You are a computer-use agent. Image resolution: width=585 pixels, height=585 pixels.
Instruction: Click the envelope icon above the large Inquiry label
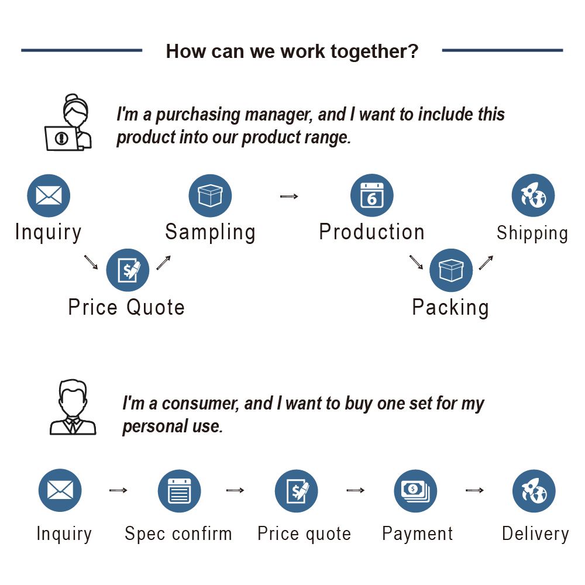pos(49,195)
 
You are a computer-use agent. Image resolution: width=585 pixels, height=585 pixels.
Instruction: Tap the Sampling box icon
pos(210,195)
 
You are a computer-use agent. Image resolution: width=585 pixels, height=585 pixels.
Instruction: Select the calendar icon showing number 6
pos(372,195)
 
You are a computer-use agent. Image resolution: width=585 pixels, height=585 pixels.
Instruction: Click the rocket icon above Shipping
pos(533,195)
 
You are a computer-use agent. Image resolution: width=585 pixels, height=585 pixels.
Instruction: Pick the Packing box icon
pos(451,270)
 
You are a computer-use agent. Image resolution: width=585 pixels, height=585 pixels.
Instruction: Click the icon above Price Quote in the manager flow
pos(128,270)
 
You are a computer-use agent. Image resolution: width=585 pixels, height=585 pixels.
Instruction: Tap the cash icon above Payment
pos(415,491)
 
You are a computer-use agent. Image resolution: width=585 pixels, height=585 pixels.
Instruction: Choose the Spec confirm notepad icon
pos(180,491)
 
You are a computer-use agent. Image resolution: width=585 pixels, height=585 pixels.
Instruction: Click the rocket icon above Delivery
pos(534,491)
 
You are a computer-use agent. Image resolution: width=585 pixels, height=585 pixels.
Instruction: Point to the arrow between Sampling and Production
pos(289,196)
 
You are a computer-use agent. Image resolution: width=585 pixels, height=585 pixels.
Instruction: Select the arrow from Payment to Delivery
pos(474,490)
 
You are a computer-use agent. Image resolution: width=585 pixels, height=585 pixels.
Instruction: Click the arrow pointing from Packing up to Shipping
pos(486,262)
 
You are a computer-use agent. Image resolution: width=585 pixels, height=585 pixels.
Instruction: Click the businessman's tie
pos(73,425)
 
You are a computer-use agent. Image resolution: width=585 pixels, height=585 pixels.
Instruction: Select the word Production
pos(372,232)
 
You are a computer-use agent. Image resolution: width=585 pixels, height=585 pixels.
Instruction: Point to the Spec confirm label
pos(178,534)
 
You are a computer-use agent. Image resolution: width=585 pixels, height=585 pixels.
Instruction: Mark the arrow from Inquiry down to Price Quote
pos(91,262)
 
